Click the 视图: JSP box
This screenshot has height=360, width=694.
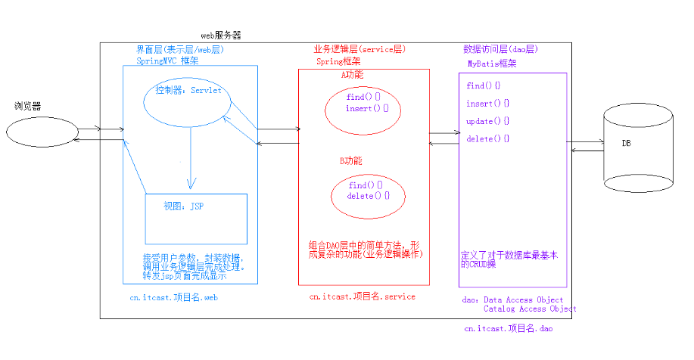tap(196, 218)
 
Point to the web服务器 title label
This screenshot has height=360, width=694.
tap(221, 36)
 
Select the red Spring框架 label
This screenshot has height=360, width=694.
tap(338, 61)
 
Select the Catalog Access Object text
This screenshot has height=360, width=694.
tap(530, 309)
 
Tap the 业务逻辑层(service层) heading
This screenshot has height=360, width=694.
tap(359, 49)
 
